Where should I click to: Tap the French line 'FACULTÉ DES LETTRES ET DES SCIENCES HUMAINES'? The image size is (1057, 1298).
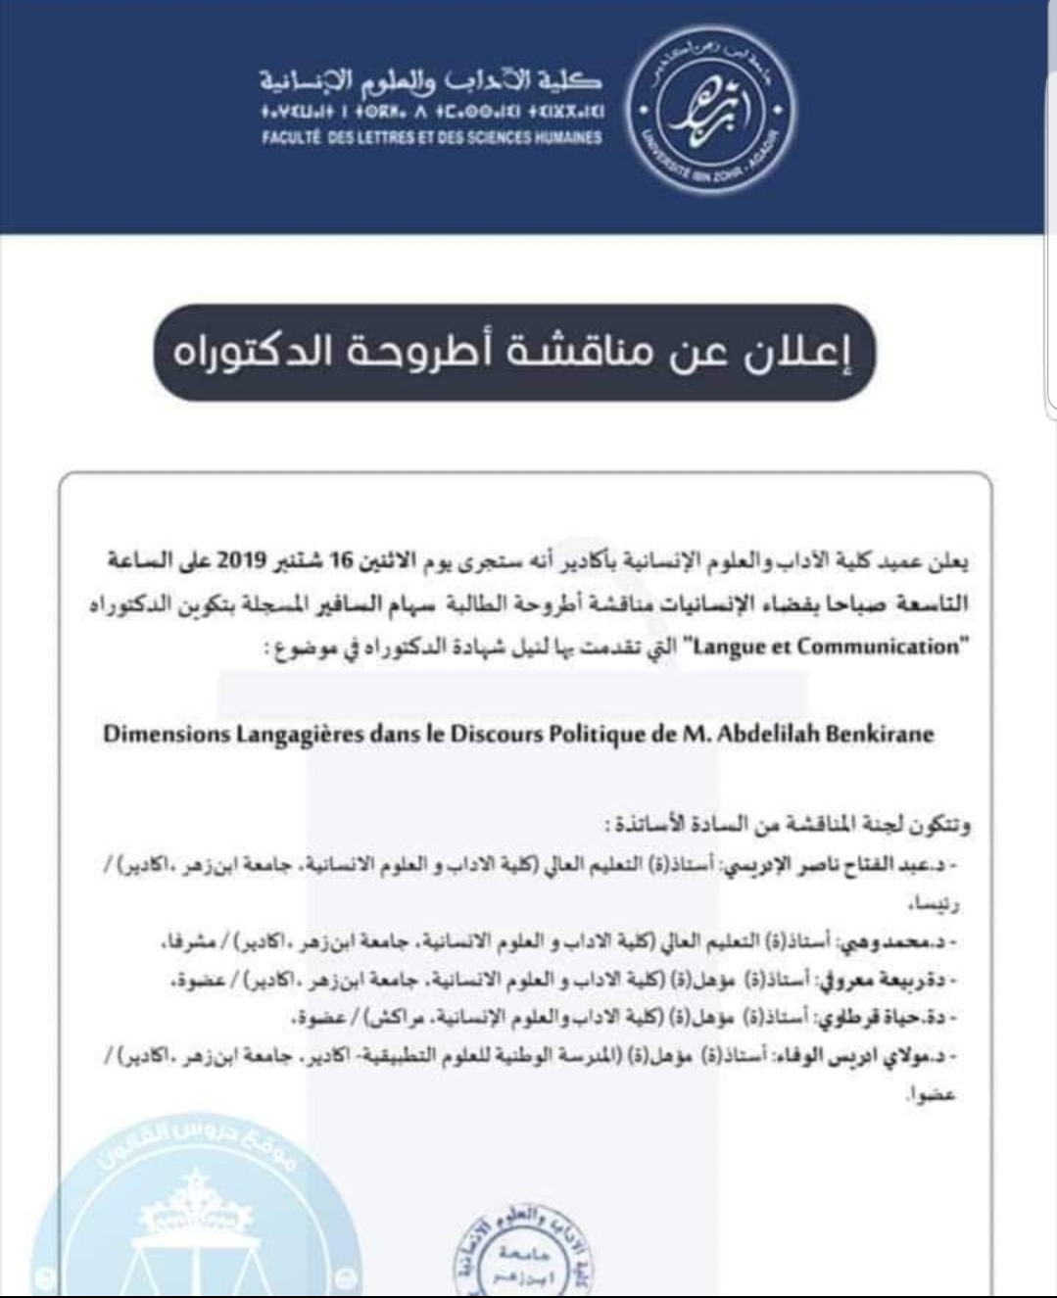[x=431, y=138]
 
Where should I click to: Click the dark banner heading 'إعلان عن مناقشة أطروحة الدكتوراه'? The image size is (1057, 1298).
[x=513, y=353]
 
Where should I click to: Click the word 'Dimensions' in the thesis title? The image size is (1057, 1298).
[x=164, y=735]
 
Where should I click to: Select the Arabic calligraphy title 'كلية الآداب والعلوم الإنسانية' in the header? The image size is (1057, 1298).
[x=431, y=81]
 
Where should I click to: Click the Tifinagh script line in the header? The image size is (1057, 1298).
[x=431, y=111]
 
